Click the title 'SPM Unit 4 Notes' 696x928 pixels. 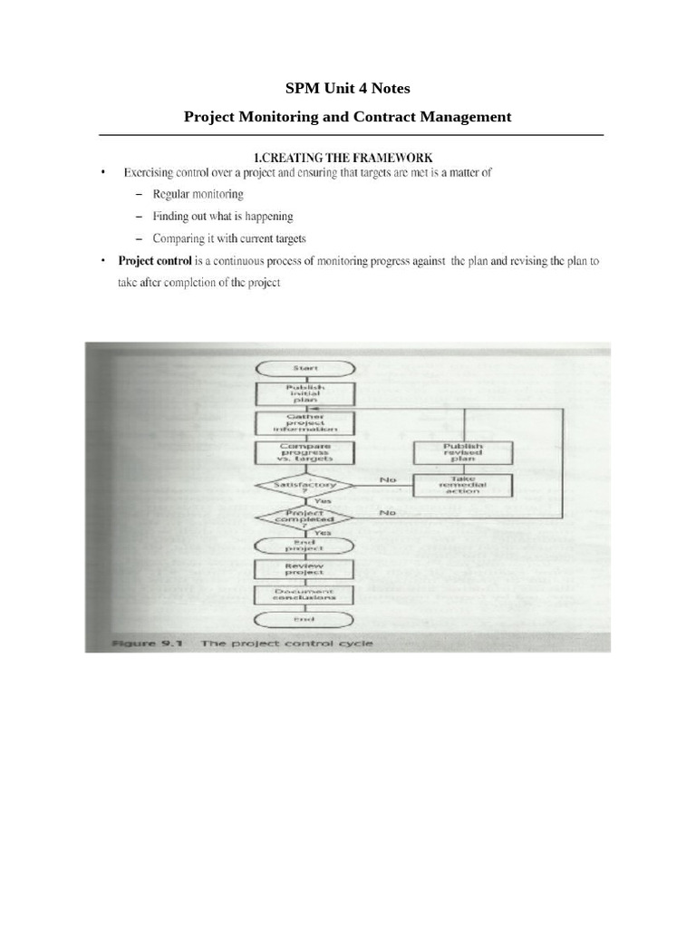pyautogui.click(x=348, y=89)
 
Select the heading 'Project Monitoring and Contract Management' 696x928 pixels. pyautogui.click(x=348, y=117)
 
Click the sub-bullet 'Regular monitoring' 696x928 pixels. pyautogui.click(x=198, y=194)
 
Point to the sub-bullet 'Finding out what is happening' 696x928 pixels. pyautogui.click(x=222, y=217)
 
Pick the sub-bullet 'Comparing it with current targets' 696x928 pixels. pyautogui.click(x=229, y=239)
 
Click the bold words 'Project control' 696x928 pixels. pyautogui.click(x=155, y=261)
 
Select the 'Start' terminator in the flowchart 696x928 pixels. pyautogui.click(x=304, y=368)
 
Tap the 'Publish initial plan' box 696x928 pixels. pyautogui.click(x=304, y=392)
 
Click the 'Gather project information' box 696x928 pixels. pyautogui.click(x=304, y=423)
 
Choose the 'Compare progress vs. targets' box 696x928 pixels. pyautogui.click(x=304, y=453)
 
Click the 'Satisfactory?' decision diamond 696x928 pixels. pyautogui.click(x=304, y=487)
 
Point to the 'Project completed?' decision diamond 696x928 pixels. pyautogui.click(x=304, y=517)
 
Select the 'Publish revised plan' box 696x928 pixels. pyautogui.click(x=463, y=453)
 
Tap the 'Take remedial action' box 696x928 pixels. pyautogui.click(x=463, y=486)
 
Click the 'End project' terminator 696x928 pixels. pyautogui.click(x=304, y=545)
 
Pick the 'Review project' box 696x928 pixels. pyautogui.click(x=304, y=570)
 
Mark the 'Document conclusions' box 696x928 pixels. pyautogui.click(x=304, y=594)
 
